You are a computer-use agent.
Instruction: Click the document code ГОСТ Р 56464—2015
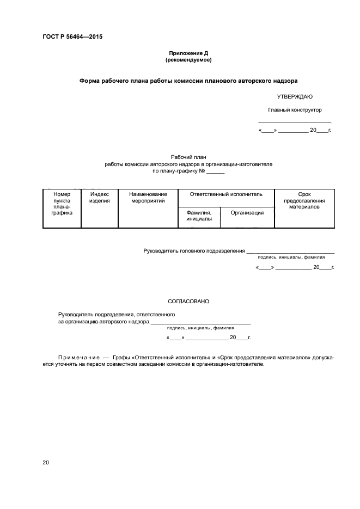coord(72,37)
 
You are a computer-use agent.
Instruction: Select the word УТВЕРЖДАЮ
coord(294,96)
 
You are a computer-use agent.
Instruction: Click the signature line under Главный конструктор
coord(294,122)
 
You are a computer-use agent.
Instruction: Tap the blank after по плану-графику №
coord(216,172)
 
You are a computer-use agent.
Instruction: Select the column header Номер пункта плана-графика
coord(62,204)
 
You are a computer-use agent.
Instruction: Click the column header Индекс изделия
coord(100,197)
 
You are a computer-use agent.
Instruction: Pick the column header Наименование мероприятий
coord(148,197)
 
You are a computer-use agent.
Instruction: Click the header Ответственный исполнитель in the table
coord(226,194)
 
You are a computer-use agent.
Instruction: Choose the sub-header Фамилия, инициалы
coord(199,215)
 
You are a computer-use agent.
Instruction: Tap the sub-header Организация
coord(247,212)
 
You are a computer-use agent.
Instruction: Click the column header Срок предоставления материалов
coord(304,200)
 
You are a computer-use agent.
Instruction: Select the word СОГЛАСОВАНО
coord(188,301)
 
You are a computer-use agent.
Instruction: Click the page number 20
coord(46,462)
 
